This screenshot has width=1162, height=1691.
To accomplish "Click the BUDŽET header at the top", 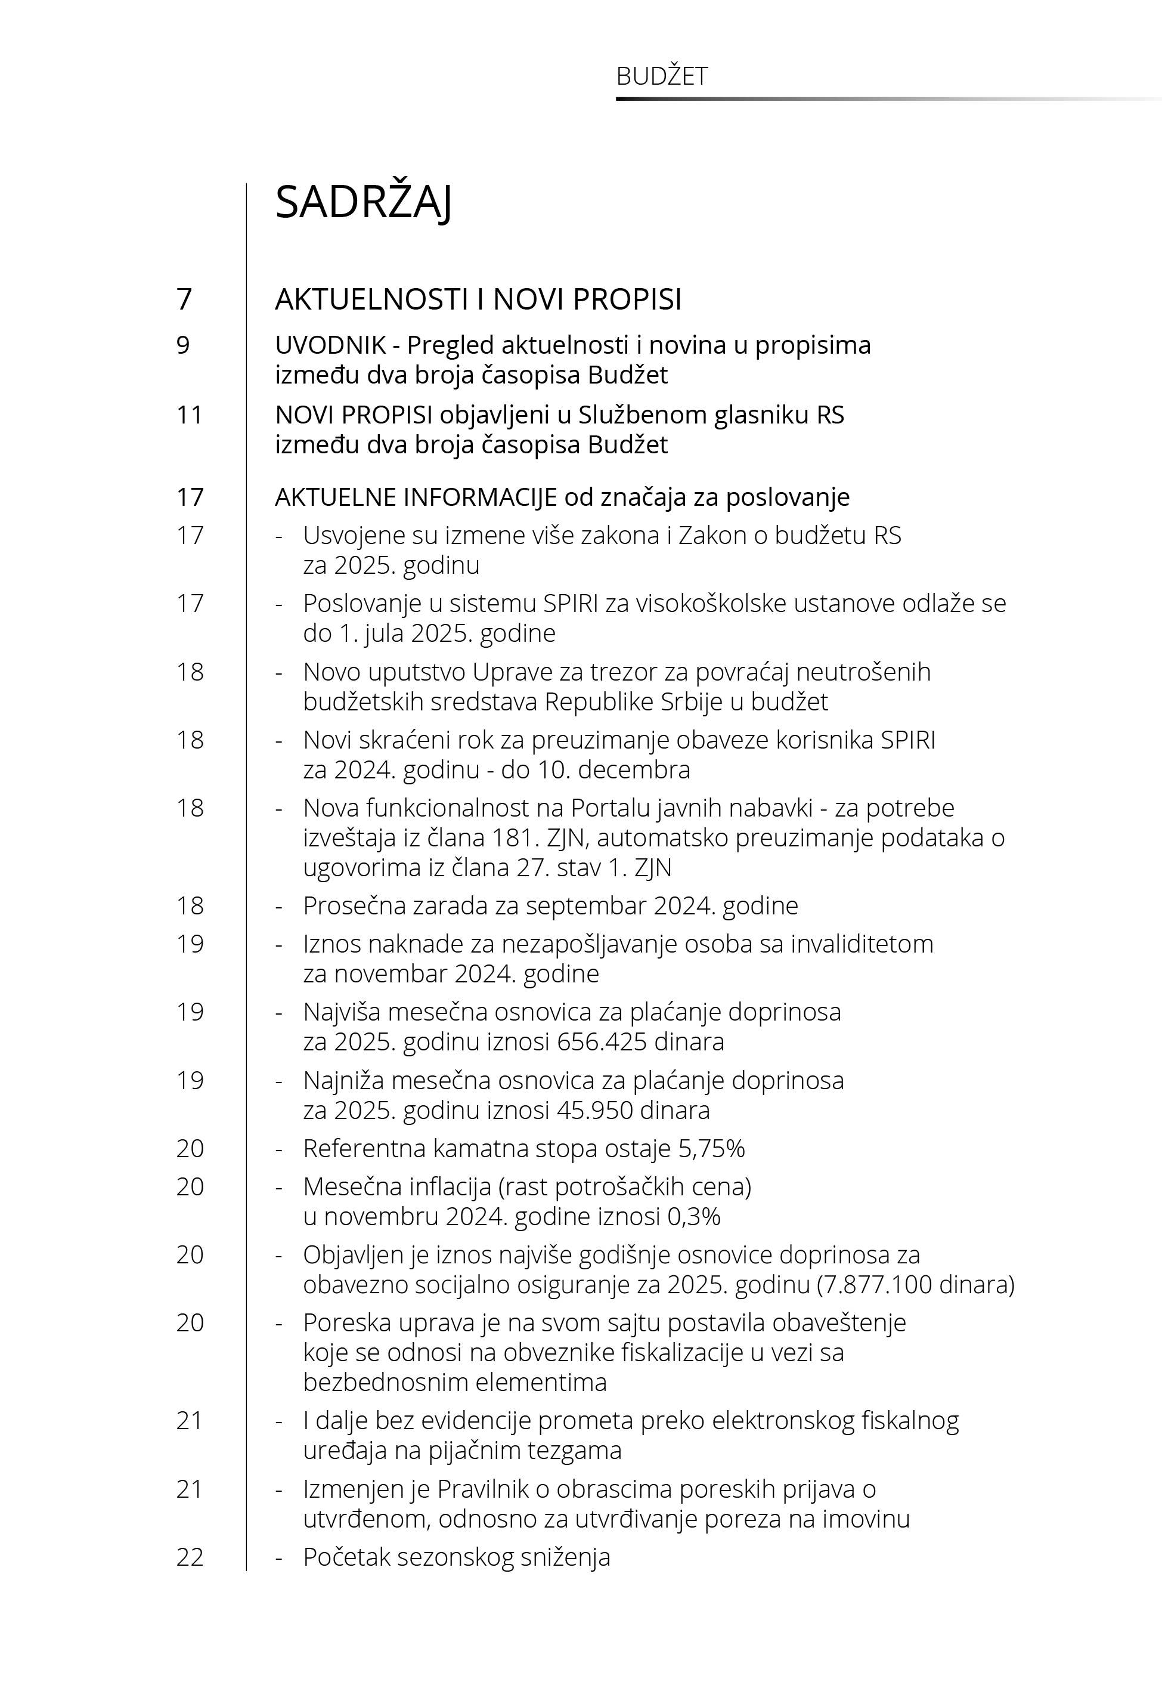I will point(662,76).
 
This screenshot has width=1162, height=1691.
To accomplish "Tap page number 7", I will point(184,299).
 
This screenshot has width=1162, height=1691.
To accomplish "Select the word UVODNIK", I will point(330,345).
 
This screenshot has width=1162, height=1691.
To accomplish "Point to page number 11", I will point(190,415).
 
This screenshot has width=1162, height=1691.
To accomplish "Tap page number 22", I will point(190,1558).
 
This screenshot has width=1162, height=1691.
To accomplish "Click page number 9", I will point(183,345).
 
